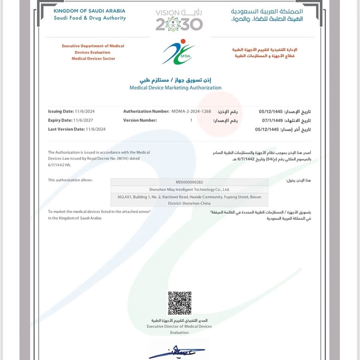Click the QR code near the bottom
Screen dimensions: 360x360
[x=179, y=303]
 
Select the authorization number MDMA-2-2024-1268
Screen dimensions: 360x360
[x=191, y=111]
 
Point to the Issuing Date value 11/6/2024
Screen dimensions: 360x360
[x=85, y=111]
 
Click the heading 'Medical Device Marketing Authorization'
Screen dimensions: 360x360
[x=176, y=88]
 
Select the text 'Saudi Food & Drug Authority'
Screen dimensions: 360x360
[x=90, y=18]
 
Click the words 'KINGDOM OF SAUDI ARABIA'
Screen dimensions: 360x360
[x=89, y=11]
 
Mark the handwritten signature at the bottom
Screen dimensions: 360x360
[x=176, y=352]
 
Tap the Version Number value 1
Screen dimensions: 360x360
[x=191, y=120]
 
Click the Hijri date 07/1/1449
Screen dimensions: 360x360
[x=272, y=120]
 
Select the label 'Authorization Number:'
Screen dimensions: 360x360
[x=146, y=111]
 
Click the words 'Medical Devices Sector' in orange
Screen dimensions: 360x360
[x=93, y=58]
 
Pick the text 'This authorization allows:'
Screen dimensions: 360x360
[x=70, y=180]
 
